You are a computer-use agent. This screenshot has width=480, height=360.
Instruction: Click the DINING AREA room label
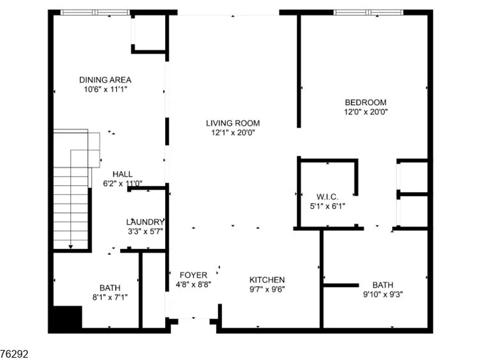(x=105, y=80)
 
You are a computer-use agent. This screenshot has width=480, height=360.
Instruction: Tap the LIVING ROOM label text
(x=233, y=123)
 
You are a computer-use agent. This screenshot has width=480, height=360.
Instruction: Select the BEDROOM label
(x=365, y=102)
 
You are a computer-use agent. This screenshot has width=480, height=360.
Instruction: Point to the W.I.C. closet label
(x=327, y=196)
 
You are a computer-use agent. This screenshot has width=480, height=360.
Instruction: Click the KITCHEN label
(x=267, y=280)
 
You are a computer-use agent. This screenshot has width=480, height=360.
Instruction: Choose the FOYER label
(x=193, y=275)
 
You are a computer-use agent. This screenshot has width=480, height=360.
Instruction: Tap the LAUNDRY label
(x=145, y=222)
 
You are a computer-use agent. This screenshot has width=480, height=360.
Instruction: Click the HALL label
(x=122, y=174)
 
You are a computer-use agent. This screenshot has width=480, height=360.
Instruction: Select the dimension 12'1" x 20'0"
(x=233, y=132)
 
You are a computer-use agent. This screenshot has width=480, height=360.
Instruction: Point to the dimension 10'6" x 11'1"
(x=105, y=89)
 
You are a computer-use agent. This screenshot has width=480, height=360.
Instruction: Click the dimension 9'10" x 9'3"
(x=383, y=295)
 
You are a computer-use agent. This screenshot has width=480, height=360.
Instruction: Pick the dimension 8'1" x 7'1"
(x=110, y=297)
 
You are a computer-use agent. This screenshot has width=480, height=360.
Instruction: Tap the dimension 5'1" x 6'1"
(x=327, y=206)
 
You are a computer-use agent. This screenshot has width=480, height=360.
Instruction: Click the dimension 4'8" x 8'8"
(x=193, y=284)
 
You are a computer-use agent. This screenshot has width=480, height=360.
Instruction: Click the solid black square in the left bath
(x=68, y=317)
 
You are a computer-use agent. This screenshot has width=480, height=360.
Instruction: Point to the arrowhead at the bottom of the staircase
(x=71, y=247)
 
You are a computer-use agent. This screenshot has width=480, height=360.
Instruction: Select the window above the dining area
(x=95, y=12)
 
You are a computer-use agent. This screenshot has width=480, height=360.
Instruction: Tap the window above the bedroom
(x=368, y=12)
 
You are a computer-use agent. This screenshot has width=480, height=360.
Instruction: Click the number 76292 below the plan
(x=14, y=354)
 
